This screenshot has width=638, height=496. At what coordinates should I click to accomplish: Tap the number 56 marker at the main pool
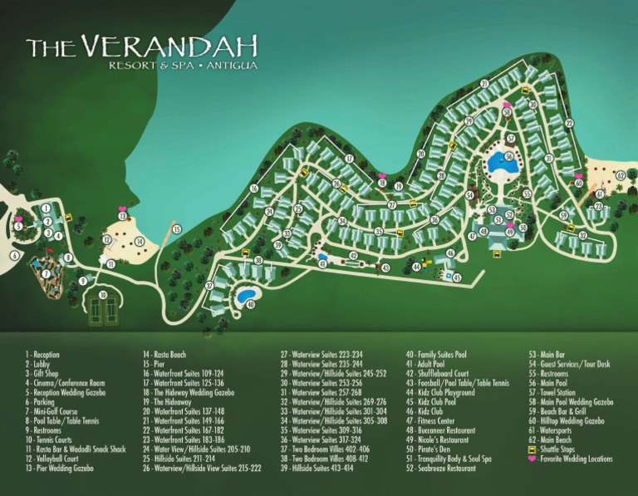(x=508, y=155)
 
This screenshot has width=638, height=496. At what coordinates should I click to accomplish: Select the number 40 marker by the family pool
(x=250, y=304)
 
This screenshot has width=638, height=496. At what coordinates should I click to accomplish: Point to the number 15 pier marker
(x=176, y=228)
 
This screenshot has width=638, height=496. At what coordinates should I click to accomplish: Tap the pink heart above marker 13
(x=122, y=209)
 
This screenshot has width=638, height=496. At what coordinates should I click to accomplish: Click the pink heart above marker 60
(x=578, y=175)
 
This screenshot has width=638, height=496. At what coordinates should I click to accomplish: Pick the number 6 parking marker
(x=14, y=257)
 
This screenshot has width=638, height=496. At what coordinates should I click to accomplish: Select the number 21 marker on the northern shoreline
(x=483, y=84)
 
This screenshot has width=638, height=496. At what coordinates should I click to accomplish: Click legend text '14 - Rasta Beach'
(x=164, y=355)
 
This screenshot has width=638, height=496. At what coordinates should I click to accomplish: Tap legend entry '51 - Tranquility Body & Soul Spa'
(x=449, y=458)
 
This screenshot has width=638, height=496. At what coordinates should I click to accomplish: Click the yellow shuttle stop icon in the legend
(x=532, y=449)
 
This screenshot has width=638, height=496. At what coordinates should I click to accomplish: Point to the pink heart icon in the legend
(x=532, y=459)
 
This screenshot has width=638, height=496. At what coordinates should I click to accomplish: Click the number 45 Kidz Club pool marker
(x=457, y=277)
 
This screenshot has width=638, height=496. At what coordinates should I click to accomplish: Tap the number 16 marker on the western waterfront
(x=254, y=189)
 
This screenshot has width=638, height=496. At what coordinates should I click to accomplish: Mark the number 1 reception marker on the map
(x=47, y=209)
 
